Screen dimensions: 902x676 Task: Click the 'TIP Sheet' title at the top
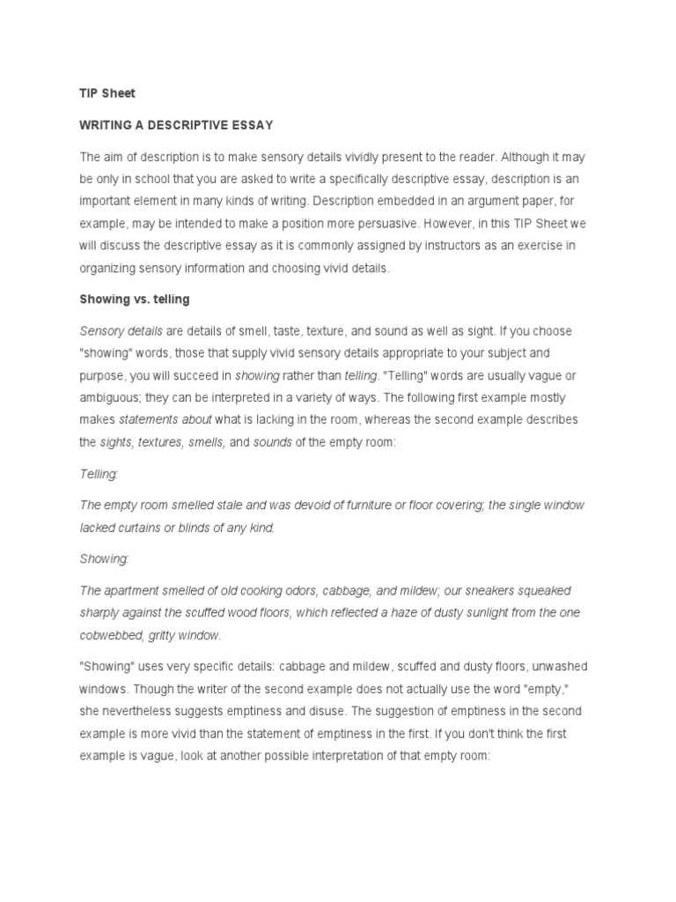click(107, 93)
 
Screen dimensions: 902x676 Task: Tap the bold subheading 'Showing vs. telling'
click(135, 299)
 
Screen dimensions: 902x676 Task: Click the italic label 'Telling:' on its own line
click(99, 474)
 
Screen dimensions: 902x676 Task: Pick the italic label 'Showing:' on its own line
click(104, 558)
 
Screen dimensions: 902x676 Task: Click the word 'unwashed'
click(569, 666)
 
